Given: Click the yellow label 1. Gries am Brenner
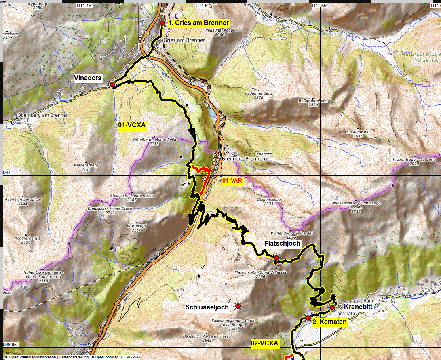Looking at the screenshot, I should click(198, 23).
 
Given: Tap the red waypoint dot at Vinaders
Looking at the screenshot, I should click(112, 85).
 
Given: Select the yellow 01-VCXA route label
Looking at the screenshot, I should click(132, 126).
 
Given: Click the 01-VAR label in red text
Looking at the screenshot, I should click(232, 181).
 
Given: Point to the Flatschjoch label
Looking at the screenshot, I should click(282, 244).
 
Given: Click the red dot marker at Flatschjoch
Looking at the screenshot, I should click(276, 257).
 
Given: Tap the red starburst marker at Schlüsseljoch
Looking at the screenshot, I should click(238, 307).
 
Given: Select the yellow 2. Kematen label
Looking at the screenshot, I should click(329, 322).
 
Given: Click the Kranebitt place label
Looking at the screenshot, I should click(359, 307).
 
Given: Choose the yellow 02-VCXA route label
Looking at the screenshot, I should click(264, 343).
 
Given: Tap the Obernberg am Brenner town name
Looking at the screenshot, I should click(42, 115).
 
